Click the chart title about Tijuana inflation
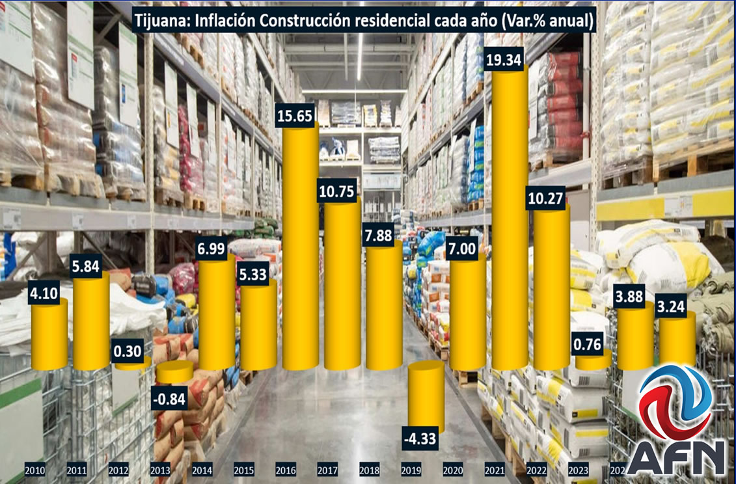[x=363, y=21]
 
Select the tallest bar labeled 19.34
[x=510, y=221]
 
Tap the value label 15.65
[x=295, y=116]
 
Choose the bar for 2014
[x=217, y=312]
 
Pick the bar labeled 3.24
[x=677, y=340]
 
